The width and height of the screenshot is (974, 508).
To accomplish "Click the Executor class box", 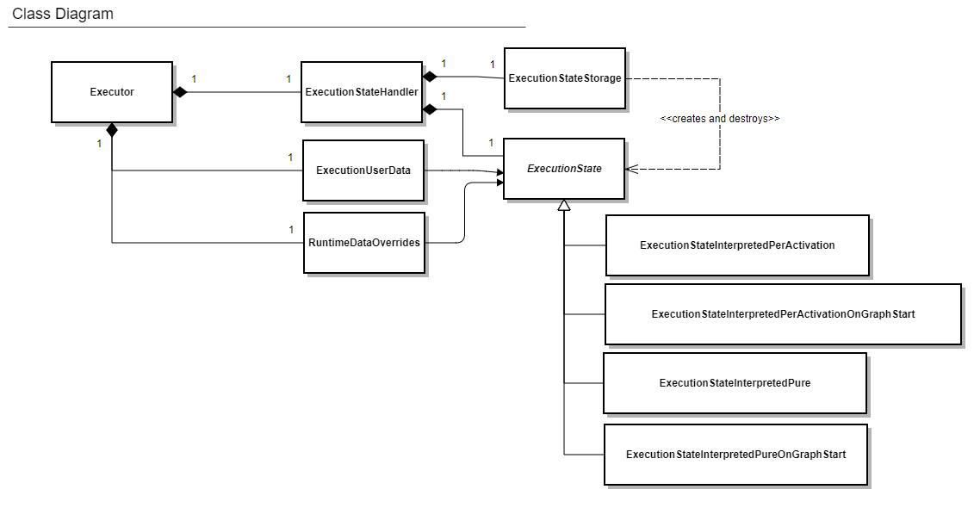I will (x=112, y=92).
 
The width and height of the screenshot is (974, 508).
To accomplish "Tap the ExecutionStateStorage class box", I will (x=564, y=78).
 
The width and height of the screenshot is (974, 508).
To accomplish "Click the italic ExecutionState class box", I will (x=563, y=169).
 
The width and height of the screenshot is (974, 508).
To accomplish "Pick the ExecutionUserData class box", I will (x=363, y=170).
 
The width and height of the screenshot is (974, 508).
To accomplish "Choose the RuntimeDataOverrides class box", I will (x=364, y=243).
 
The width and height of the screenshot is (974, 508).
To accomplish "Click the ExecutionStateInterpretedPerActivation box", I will (x=737, y=245).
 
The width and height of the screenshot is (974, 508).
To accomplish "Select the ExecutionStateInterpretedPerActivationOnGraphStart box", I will (x=783, y=314).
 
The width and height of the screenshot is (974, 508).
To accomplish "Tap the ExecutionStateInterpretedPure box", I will (x=735, y=382).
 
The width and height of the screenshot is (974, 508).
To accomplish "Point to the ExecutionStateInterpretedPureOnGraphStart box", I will (x=735, y=454).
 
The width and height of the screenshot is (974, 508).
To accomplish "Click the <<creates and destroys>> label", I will (x=719, y=119).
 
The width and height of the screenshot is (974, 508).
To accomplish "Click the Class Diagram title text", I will (x=62, y=14).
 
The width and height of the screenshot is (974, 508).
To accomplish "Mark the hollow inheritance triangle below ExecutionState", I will (x=564, y=205).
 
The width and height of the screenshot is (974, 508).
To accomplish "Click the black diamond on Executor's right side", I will (x=180, y=92).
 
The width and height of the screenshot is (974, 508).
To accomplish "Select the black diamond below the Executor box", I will (x=112, y=130).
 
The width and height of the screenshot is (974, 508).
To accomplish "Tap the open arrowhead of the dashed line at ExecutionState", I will (x=631, y=170).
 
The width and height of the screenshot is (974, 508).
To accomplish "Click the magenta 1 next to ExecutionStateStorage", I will (x=492, y=64).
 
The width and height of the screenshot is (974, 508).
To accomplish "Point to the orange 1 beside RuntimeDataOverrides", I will (x=291, y=230).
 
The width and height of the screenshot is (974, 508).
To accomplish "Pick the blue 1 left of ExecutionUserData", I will (x=290, y=157).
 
